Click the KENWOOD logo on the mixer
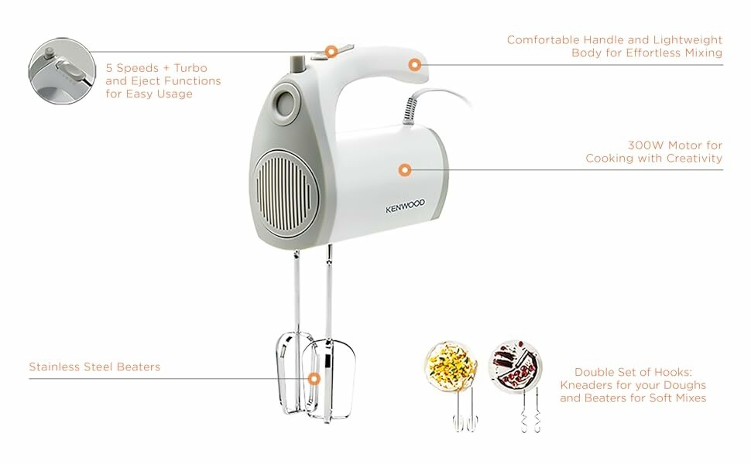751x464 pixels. [405, 206]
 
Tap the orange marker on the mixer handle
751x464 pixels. [415, 65]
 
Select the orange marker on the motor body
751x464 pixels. [405, 170]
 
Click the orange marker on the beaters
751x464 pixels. [314, 379]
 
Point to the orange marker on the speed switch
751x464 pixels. [331, 52]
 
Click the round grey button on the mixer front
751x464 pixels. [286, 101]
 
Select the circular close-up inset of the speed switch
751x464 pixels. [62, 71]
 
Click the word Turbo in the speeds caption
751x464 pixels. [190, 68]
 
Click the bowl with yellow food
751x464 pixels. [451, 367]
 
